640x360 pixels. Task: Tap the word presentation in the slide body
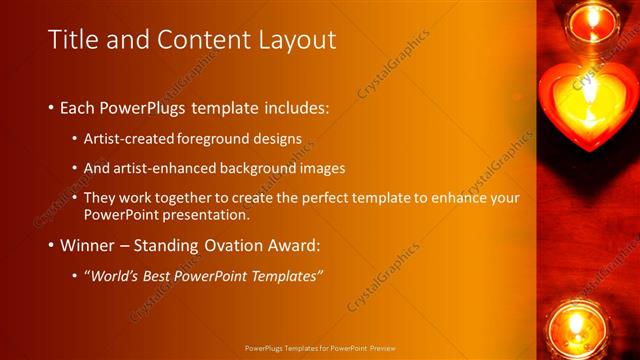click(200, 215)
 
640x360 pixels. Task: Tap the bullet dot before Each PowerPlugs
click(51, 107)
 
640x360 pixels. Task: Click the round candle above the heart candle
click(595, 20)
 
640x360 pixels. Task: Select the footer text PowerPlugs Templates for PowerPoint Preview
click(320, 349)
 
